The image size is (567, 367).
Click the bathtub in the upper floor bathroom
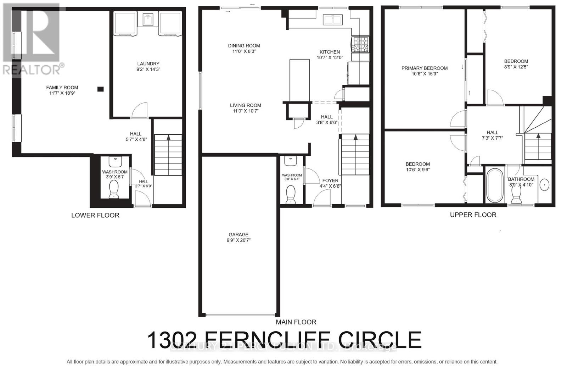[494, 185]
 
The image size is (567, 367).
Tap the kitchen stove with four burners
[360, 45]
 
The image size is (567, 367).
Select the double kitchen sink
[332, 20]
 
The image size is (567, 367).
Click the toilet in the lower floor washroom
[114, 189]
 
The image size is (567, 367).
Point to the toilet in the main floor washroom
[291, 194]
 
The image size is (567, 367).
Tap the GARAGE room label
[238, 234]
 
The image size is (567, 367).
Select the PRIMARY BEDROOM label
[424, 68]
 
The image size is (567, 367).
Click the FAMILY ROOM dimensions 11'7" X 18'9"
[62, 93]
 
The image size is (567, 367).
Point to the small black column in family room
[101, 89]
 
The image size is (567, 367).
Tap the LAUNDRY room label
[148, 64]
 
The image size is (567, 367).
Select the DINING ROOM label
[244, 45]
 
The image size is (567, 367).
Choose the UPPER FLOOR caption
[473, 215]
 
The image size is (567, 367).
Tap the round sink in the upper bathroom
[544, 184]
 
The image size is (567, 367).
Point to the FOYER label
[330, 180]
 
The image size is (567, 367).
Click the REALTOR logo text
[32, 69]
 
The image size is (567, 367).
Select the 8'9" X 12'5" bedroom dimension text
[516, 67]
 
